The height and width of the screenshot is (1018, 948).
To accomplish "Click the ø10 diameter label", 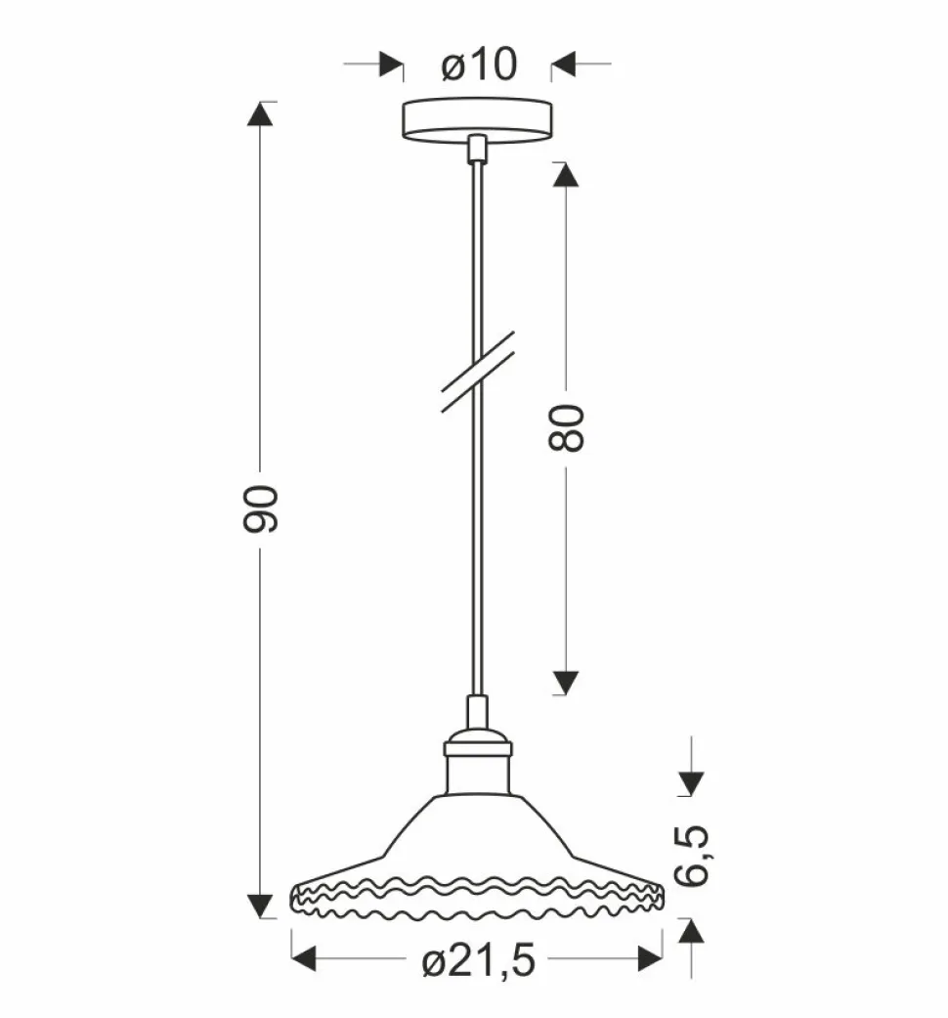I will click(x=478, y=65).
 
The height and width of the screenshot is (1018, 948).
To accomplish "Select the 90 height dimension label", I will click(x=262, y=508).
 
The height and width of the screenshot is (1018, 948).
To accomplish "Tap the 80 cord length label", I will click(x=566, y=426).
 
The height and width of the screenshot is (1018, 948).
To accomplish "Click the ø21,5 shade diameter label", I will click(x=479, y=962).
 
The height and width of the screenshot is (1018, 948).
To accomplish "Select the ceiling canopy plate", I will click(x=477, y=118).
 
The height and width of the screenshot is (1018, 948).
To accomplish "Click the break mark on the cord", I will click(x=478, y=373).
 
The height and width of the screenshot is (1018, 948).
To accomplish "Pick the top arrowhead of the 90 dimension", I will click(x=261, y=115).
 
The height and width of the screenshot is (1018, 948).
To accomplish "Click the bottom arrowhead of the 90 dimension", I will click(x=261, y=905).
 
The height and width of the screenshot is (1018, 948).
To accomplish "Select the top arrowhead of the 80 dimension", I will click(x=567, y=175).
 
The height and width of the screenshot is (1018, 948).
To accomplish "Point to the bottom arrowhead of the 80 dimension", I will click(x=567, y=681).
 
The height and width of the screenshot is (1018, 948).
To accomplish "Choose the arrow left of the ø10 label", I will click(x=390, y=65).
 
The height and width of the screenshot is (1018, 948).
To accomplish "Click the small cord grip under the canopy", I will click(x=477, y=148).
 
